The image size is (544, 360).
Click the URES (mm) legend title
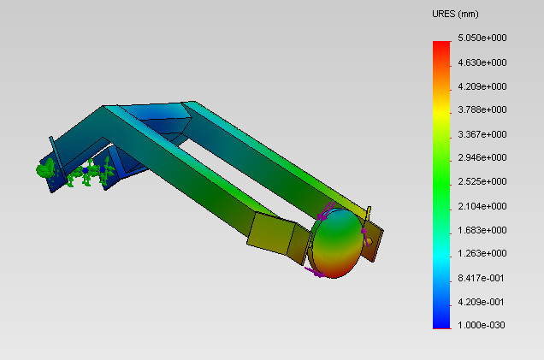(x=455, y=15)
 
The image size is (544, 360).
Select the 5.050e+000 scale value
(x=482, y=38)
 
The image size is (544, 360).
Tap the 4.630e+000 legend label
(x=482, y=62)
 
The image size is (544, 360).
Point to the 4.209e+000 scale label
(x=482, y=86)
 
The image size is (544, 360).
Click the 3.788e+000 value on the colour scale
(x=482, y=110)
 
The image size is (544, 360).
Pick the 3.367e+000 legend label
(x=482, y=134)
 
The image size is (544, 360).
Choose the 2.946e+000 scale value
(x=482, y=158)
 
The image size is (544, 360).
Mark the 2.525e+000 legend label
(x=482, y=182)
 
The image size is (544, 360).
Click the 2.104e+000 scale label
(x=482, y=206)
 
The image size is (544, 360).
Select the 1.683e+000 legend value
(x=482, y=230)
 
